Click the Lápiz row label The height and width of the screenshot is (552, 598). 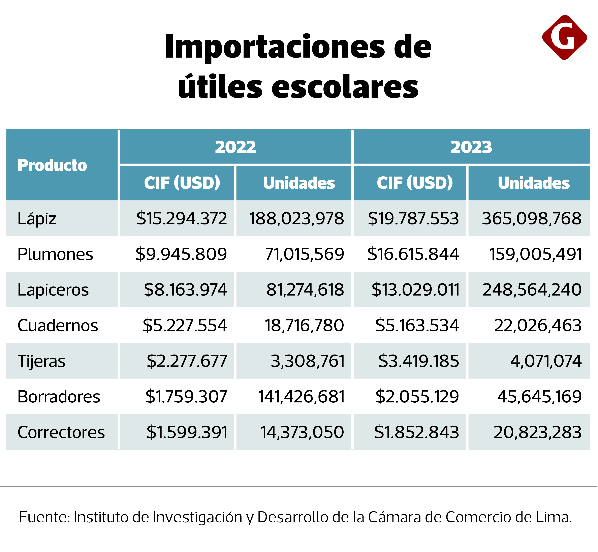click(x=37, y=218)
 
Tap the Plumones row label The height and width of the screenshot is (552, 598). click(x=55, y=254)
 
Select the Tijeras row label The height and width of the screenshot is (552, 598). click(x=41, y=361)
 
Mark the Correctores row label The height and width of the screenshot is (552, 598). click(x=61, y=432)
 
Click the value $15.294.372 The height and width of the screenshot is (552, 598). click(x=181, y=218)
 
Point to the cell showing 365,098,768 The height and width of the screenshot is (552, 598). click(x=532, y=218)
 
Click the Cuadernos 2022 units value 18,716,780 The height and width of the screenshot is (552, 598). click(x=304, y=325)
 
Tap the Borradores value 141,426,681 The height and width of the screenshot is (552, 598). click(x=301, y=397)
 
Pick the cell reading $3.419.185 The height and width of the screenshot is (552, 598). click(x=418, y=361)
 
